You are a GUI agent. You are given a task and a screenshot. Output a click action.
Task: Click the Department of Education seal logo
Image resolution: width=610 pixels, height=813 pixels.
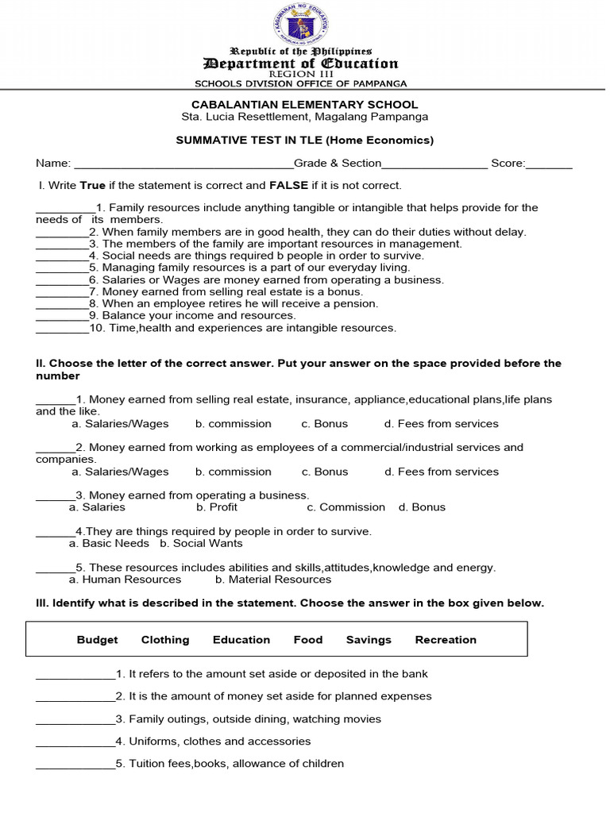coord(301,25)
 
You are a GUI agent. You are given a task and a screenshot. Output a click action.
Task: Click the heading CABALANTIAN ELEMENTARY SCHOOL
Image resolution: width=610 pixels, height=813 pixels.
coord(304,105)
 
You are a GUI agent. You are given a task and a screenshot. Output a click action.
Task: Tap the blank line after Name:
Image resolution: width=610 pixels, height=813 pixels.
coord(183,164)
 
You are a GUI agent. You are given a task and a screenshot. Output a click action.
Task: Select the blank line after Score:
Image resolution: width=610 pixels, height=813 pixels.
coord(549,164)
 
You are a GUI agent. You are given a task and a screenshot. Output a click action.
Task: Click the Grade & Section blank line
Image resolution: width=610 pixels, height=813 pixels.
coord(434,164)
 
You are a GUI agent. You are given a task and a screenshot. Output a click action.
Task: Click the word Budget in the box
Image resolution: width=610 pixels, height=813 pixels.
coord(97,640)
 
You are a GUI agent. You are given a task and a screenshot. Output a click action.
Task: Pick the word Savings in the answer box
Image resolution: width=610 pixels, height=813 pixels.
coord(369,640)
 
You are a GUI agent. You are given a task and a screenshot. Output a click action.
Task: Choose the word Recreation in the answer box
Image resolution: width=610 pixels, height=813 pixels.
coord(446,640)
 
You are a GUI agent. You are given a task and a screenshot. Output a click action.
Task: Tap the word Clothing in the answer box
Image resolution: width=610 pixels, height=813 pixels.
coord(165,640)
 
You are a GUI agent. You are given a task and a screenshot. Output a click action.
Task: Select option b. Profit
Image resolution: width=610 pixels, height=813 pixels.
coord(217,507)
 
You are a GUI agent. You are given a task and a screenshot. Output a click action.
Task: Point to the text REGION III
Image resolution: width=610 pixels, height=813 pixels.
coord(301,74)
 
